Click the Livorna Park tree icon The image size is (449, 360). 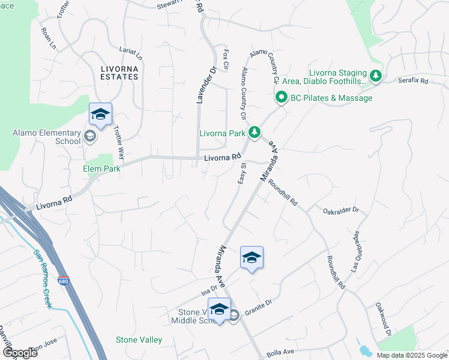255,131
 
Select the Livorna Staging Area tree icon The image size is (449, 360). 376,76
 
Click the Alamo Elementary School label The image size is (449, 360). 51,137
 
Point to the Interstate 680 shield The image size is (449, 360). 63,280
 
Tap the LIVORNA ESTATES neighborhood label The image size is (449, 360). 119,73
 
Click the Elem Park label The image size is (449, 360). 101,169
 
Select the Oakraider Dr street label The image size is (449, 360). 340,211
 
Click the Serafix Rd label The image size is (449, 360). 413,80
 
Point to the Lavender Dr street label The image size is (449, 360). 204,84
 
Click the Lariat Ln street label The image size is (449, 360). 131,53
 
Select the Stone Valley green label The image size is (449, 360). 139,340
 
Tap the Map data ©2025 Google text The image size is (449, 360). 412,355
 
